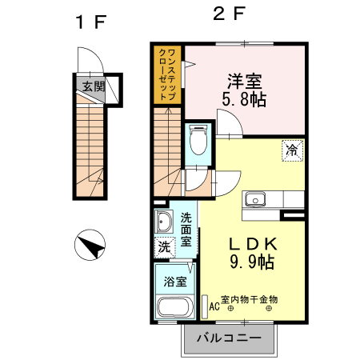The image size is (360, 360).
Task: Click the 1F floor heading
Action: [x=91, y=22]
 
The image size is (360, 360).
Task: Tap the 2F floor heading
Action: [x=229, y=14]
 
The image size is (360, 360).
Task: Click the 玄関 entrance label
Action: [x=93, y=86]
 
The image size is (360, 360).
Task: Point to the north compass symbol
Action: [x=90, y=245]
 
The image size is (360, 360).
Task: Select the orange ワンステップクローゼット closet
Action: [x=167, y=74]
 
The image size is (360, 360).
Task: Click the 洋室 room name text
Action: [x=245, y=81]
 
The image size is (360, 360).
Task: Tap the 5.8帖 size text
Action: [x=244, y=99]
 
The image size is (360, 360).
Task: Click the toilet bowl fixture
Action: [x=198, y=140]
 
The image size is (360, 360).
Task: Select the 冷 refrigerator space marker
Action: [x=293, y=150]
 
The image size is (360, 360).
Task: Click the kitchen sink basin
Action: [x=255, y=199]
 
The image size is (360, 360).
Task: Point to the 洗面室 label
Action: [x=186, y=230]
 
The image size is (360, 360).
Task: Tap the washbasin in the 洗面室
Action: [x=163, y=222]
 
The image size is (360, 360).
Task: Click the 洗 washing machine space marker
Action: [x=165, y=247]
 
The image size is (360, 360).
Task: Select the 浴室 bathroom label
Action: [x=175, y=282]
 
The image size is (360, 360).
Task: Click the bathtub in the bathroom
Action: [x=175, y=307]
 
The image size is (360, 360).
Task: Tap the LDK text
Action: [x=253, y=243]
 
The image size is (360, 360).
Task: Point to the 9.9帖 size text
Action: [x=252, y=262]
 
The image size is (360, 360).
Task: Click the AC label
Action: [x=214, y=306]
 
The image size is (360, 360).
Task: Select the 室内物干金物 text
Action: [x=250, y=299]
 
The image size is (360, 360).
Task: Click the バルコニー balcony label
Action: [x=229, y=338]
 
